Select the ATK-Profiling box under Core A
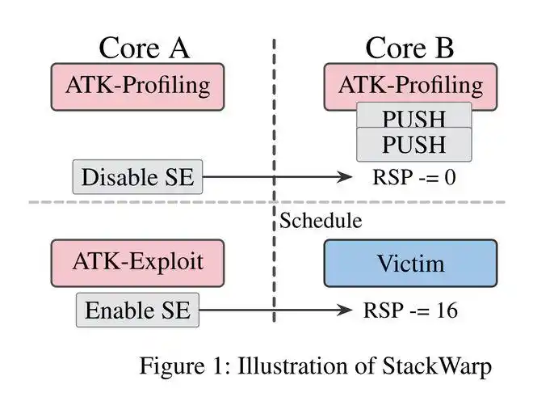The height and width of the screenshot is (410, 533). (x=137, y=85)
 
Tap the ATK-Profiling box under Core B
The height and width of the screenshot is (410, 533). (x=410, y=85)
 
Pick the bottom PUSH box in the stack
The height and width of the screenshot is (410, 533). (x=413, y=146)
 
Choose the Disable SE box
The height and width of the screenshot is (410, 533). (x=137, y=177)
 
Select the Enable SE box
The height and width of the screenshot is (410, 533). (x=137, y=311)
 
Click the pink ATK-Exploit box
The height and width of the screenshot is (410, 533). (x=137, y=262)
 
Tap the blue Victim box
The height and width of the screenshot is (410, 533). (x=410, y=264)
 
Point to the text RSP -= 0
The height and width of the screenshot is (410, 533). (x=413, y=177)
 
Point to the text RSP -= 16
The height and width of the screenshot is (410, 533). (x=410, y=311)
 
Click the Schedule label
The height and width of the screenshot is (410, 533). (x=321, y=220)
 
